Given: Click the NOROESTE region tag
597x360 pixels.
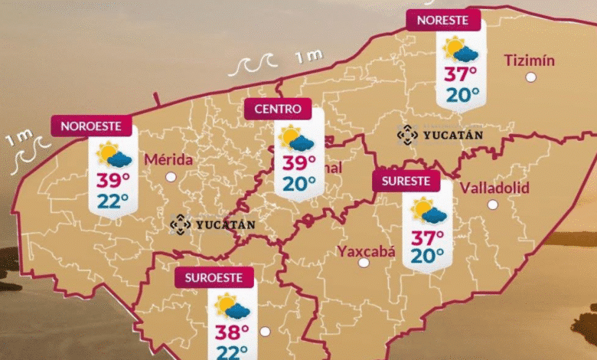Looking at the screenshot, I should (91, 126).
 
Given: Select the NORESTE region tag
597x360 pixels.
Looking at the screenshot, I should (443, 20).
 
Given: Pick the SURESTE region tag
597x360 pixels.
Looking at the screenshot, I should (406, 181).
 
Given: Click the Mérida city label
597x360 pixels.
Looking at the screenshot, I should (168, 159).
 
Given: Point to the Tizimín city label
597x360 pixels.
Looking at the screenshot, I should (530, 61).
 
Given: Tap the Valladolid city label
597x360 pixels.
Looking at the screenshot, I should (495, 188).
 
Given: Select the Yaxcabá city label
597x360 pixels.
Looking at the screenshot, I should (365, 249).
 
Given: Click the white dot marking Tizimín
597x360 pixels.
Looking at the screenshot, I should (530, 77).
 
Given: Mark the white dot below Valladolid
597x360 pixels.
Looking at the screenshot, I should (493, 205).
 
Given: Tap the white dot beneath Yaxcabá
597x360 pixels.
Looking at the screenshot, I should (364, 262).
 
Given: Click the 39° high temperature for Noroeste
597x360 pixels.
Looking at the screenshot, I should (113, 181).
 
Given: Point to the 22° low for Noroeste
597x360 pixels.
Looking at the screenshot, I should (113, 200).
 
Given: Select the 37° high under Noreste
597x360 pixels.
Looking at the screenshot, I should (462, 74).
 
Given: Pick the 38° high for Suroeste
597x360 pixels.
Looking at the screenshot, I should (232, 331).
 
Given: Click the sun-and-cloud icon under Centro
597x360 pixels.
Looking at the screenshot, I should (295, 139).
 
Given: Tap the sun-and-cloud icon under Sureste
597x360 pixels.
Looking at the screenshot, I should (428, 210).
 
